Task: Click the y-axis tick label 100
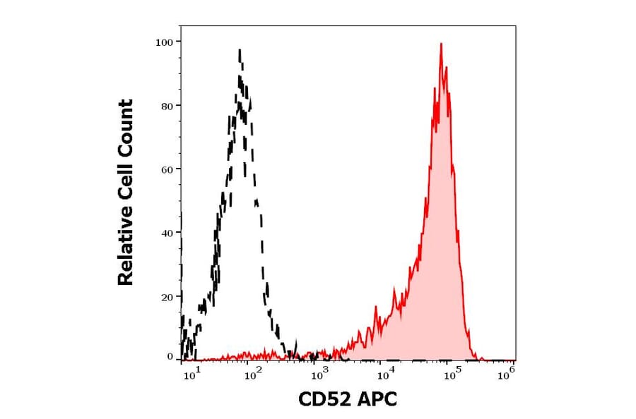point(164,42)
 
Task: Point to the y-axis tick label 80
point(167,106)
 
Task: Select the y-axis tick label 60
point(167,169)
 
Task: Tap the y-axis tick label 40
point(167,233)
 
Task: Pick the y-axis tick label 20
point(167,296)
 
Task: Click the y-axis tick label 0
point(170,357)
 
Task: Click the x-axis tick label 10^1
point(190,375)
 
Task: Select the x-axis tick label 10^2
point(253,375)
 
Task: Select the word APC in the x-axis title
point(377,400)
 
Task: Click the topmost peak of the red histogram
point(441,44)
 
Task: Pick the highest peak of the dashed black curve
point(240,51)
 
